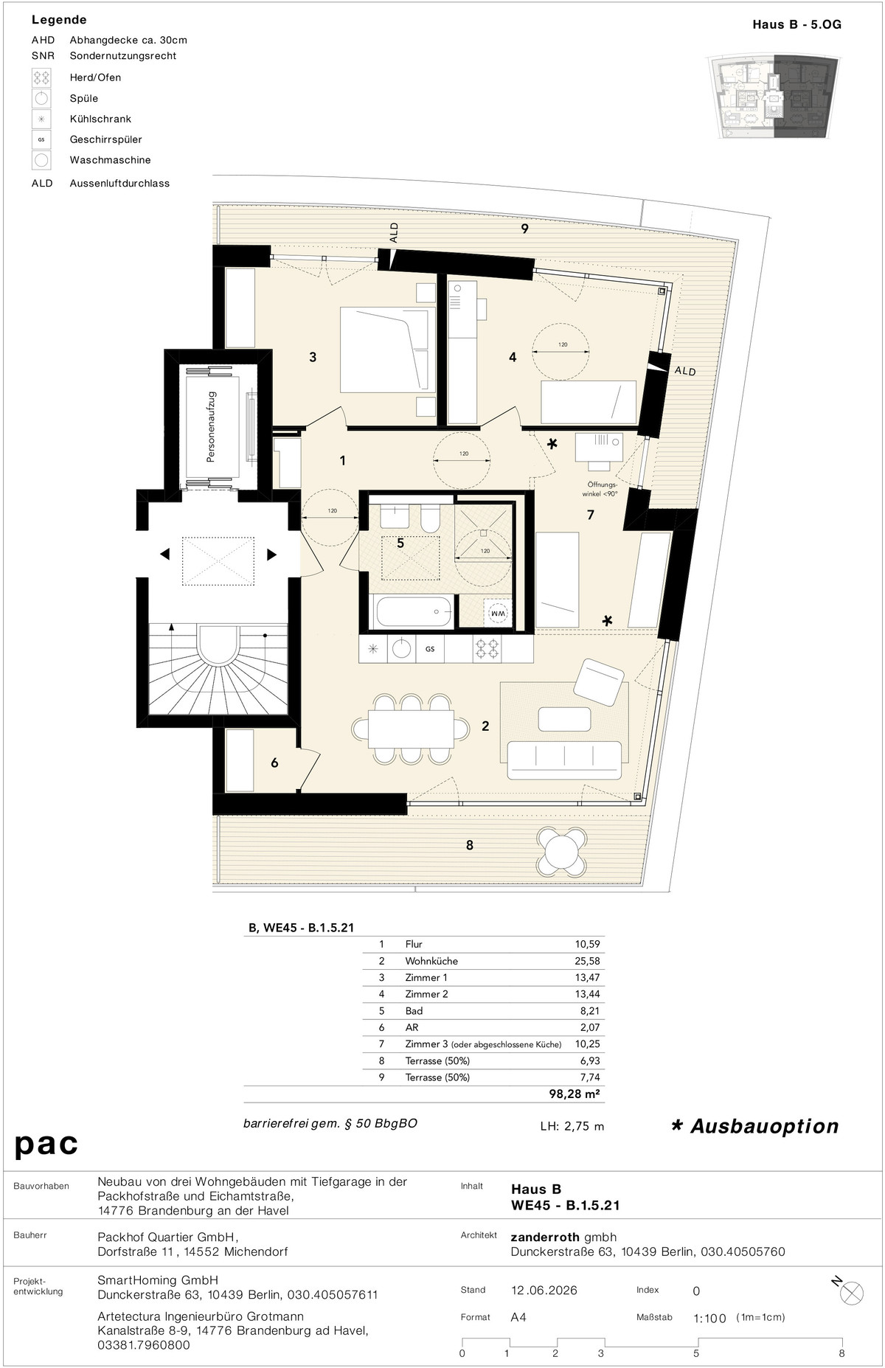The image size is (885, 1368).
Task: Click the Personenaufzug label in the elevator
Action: click(x=211, y=427)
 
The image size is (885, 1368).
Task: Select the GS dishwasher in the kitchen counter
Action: click(x=429, y=649)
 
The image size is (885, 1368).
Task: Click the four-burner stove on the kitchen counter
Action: click(x=487, y=649)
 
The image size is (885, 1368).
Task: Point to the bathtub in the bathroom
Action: click(x=413, y=611)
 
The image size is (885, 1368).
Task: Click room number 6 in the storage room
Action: click(x=274, y=763)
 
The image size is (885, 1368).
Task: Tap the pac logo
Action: click(x=46, y=1145)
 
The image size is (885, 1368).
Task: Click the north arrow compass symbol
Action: click(x=850, y=1293)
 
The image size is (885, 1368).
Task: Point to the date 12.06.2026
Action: click(x=544, y=1291)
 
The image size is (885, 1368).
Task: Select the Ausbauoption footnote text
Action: click(x=755, y=1126)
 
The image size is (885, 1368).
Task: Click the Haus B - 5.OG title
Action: click(x=796, y=24)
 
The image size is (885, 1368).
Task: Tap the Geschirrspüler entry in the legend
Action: click(x=105, y=139)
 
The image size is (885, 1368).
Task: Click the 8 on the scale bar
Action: click(x=841, y=1353)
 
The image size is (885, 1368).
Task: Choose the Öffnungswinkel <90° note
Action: click(x=600, y=490)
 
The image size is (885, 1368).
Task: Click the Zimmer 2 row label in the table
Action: click(x=426, y=994)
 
